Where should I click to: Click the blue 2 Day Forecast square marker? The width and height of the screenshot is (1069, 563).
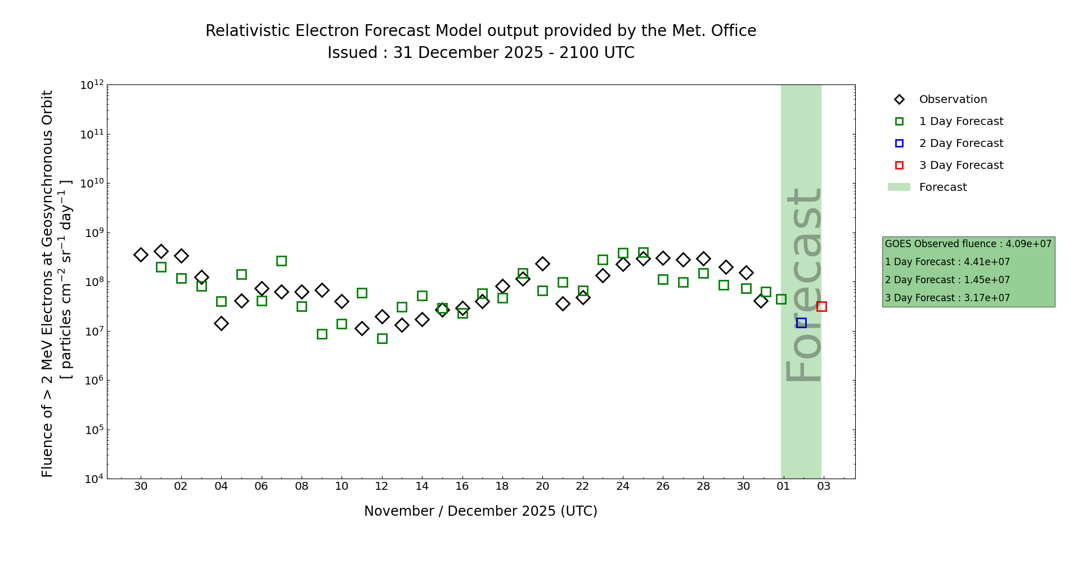801,323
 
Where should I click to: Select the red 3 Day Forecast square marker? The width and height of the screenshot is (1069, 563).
821,306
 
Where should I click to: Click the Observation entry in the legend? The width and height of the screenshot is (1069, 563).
953,100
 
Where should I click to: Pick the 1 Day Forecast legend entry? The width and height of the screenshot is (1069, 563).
961,122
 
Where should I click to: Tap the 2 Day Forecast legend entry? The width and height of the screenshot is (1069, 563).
961,144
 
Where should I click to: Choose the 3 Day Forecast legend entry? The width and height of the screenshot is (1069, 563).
961,166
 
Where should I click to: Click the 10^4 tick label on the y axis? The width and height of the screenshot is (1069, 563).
92,479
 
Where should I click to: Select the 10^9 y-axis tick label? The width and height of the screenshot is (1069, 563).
92,233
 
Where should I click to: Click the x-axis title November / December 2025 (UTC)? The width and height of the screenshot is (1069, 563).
480,511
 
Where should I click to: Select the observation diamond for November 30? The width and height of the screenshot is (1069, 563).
141,254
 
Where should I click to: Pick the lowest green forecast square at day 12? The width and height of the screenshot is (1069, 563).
382,338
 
